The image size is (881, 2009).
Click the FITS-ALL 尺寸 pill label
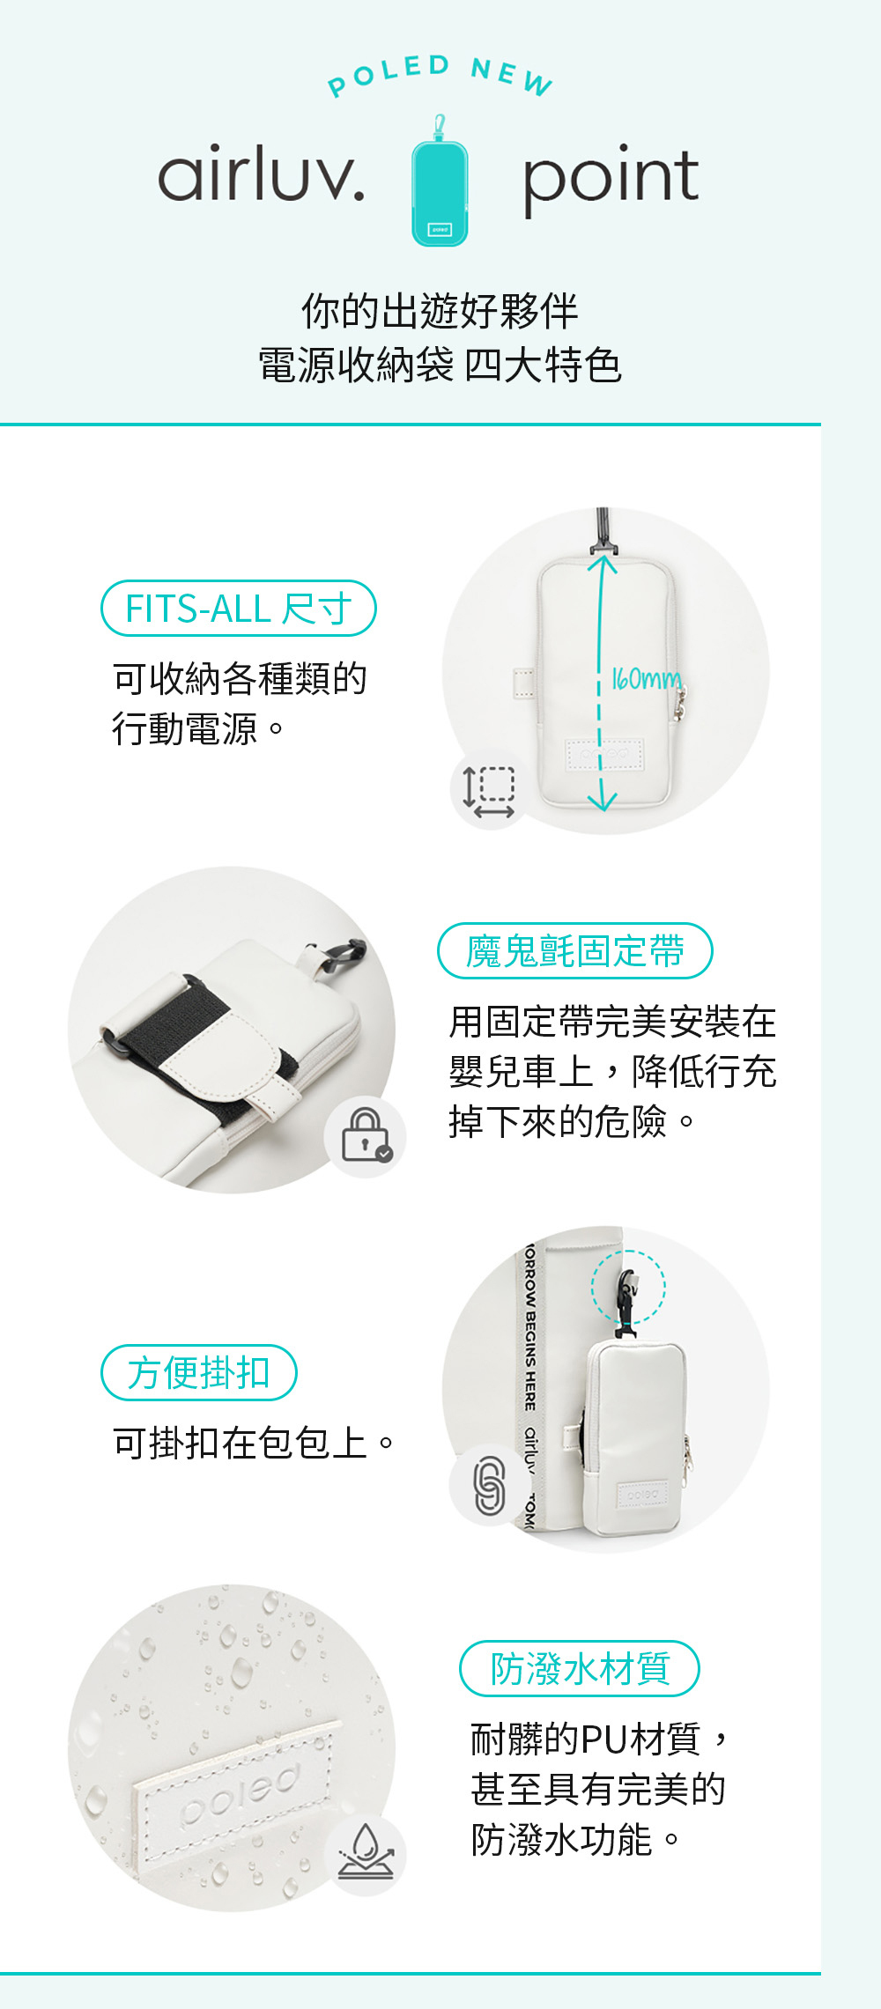[x=239, y=609]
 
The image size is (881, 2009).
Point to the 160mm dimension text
[x=646, y=679]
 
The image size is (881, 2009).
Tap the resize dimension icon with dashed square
[x=489, y=790]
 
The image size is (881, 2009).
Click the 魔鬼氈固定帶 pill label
[x=574, y=951]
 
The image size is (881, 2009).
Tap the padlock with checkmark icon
[x=366, y=1135]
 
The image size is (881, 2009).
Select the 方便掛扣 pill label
[x=199, y=1373]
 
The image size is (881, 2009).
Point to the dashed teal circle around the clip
[x=628, y=1287]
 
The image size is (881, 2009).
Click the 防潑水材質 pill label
[x=580, y=1669]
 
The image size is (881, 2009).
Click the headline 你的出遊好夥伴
[x=440, y=311]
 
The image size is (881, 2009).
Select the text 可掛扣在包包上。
[x=255, y=1444]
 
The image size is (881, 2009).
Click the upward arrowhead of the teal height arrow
[x=602, y=560]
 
